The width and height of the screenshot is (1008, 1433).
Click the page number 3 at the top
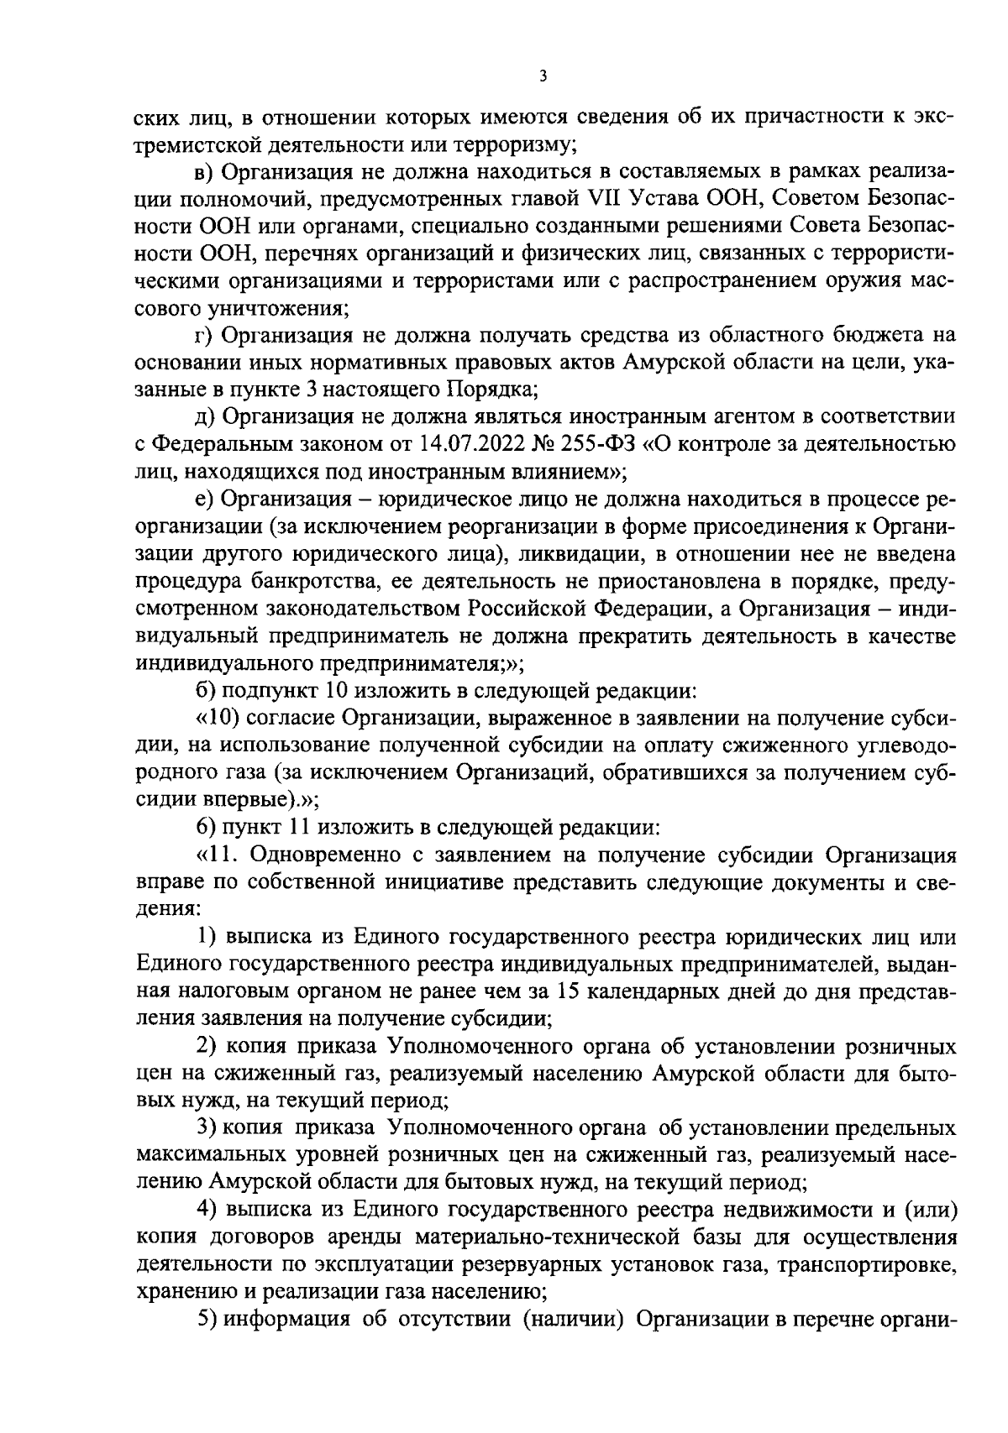point(543,76)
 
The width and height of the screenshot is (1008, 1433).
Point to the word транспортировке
point(878,1265)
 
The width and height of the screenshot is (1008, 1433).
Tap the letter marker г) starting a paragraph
point(202,335)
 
